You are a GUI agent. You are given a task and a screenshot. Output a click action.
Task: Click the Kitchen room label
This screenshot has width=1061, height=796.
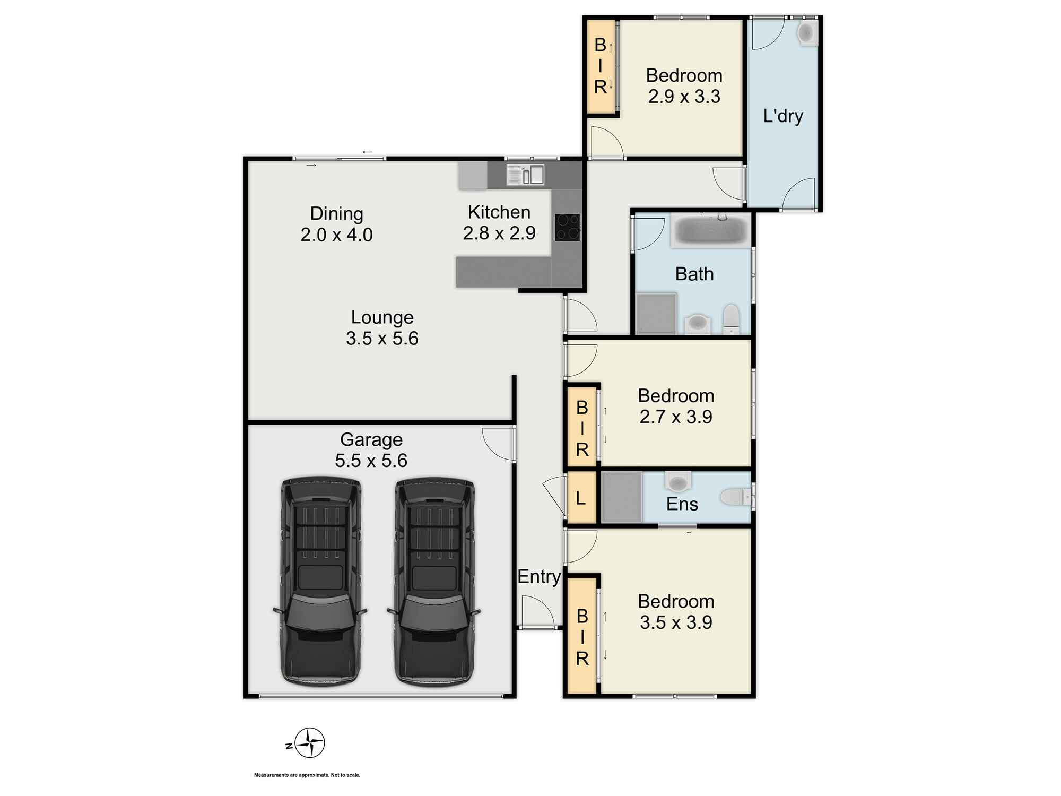pyautogui.click(x=499, y=212)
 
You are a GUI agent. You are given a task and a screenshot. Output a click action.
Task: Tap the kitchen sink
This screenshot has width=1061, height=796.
pyautogui.click(x=525, y=175)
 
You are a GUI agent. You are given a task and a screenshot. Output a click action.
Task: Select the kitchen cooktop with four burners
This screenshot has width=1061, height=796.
pyautogui.click(x=567, y=227)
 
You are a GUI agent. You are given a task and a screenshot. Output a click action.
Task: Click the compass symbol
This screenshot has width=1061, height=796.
pyautogui.click(x=309, y=743)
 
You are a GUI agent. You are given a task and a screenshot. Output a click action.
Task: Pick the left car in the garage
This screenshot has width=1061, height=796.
pyautogui.click(x=320, y=582)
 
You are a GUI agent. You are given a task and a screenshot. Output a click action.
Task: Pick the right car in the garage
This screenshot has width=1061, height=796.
pyautogui.click(x=434, y=582)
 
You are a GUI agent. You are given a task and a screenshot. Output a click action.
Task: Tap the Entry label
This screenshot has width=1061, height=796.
pyautogui.click(x=539, y=577)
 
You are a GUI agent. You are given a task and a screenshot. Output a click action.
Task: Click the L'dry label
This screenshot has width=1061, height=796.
pyautogui.click(x=783, y=116)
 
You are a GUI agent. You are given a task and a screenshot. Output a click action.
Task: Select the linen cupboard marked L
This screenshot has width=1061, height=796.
pyautogui.click(x=581, y=498)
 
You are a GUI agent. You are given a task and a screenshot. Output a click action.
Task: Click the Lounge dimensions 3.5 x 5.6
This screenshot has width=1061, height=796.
pyautogui.click(x=382, y=339)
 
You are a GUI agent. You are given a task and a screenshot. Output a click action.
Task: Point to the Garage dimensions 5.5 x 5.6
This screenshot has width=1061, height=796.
pyautogui.click(x=371, y=461)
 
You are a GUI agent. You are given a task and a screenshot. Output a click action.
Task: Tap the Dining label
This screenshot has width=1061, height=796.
pyautogui.click(x=336, y=214)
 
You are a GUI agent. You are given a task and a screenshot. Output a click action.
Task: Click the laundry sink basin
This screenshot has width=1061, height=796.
pyautogui.click(x=806, y=33)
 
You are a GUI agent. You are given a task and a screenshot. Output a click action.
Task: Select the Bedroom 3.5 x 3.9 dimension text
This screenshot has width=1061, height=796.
pyautogui.click(x=676, y=622)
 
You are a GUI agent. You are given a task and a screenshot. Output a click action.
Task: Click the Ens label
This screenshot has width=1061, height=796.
pyautogui.click(x=682, y=504)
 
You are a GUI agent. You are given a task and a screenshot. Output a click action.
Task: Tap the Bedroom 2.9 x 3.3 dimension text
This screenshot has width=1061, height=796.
pyautogui.click(x=684, y=97)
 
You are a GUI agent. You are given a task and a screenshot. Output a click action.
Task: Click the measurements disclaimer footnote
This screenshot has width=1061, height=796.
pyautogui.click(x=307, y=775)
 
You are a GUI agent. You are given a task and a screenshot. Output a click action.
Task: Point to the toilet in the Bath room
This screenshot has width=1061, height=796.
pyautogui.click(x=731, y=318)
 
